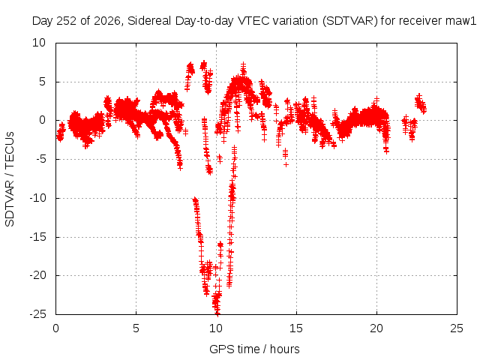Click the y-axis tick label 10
coord(39,43)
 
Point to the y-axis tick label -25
coord(37,314)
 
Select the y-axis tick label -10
coord(37,198)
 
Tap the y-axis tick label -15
coord(37,237)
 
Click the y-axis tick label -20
coord(37,275)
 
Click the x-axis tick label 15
coord(296,328)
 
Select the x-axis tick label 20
coord(376,328)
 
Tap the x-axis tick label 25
coord(457,328)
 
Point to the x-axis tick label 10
coord(216,328)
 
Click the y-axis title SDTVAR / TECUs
coord(10,179)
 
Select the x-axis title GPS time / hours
coord(254,349)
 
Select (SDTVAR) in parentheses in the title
coord(350,21)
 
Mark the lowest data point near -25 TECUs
coord(217,313)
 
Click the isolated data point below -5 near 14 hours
coord(286,164)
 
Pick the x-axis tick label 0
coord(55,328)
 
